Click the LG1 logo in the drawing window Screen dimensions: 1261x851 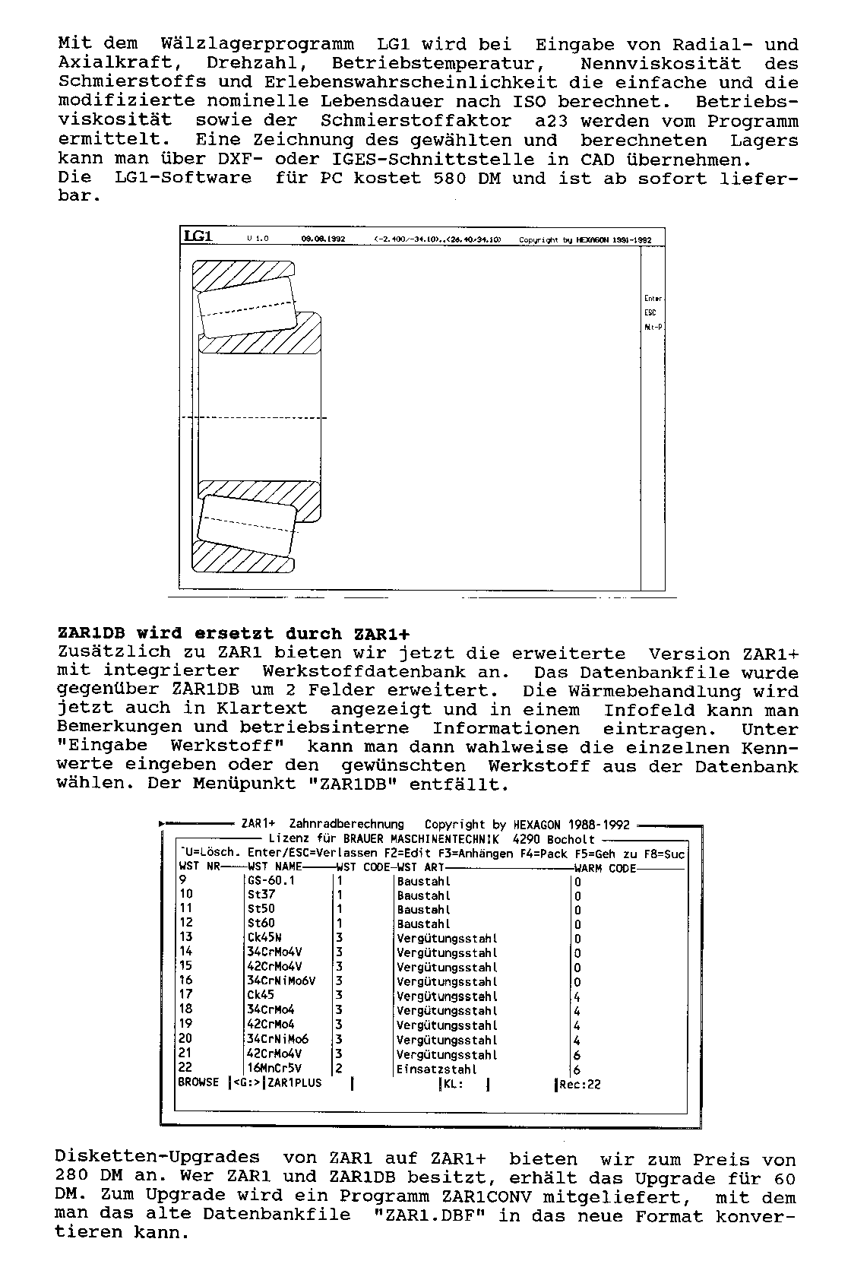(x=198, y=236)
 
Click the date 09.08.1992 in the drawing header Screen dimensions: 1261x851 (x=323, y=239)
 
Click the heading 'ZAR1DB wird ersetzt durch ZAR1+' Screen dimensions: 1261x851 (x=234, y=634)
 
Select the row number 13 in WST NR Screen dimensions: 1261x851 (x=186, y=937)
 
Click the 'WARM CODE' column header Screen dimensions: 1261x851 (x=605, y=868)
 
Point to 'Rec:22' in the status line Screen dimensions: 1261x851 (x=580, y=1084)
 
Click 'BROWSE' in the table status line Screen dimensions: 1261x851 (x=198, y=1082)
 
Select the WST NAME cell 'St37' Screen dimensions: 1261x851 (x=261, y=895)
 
